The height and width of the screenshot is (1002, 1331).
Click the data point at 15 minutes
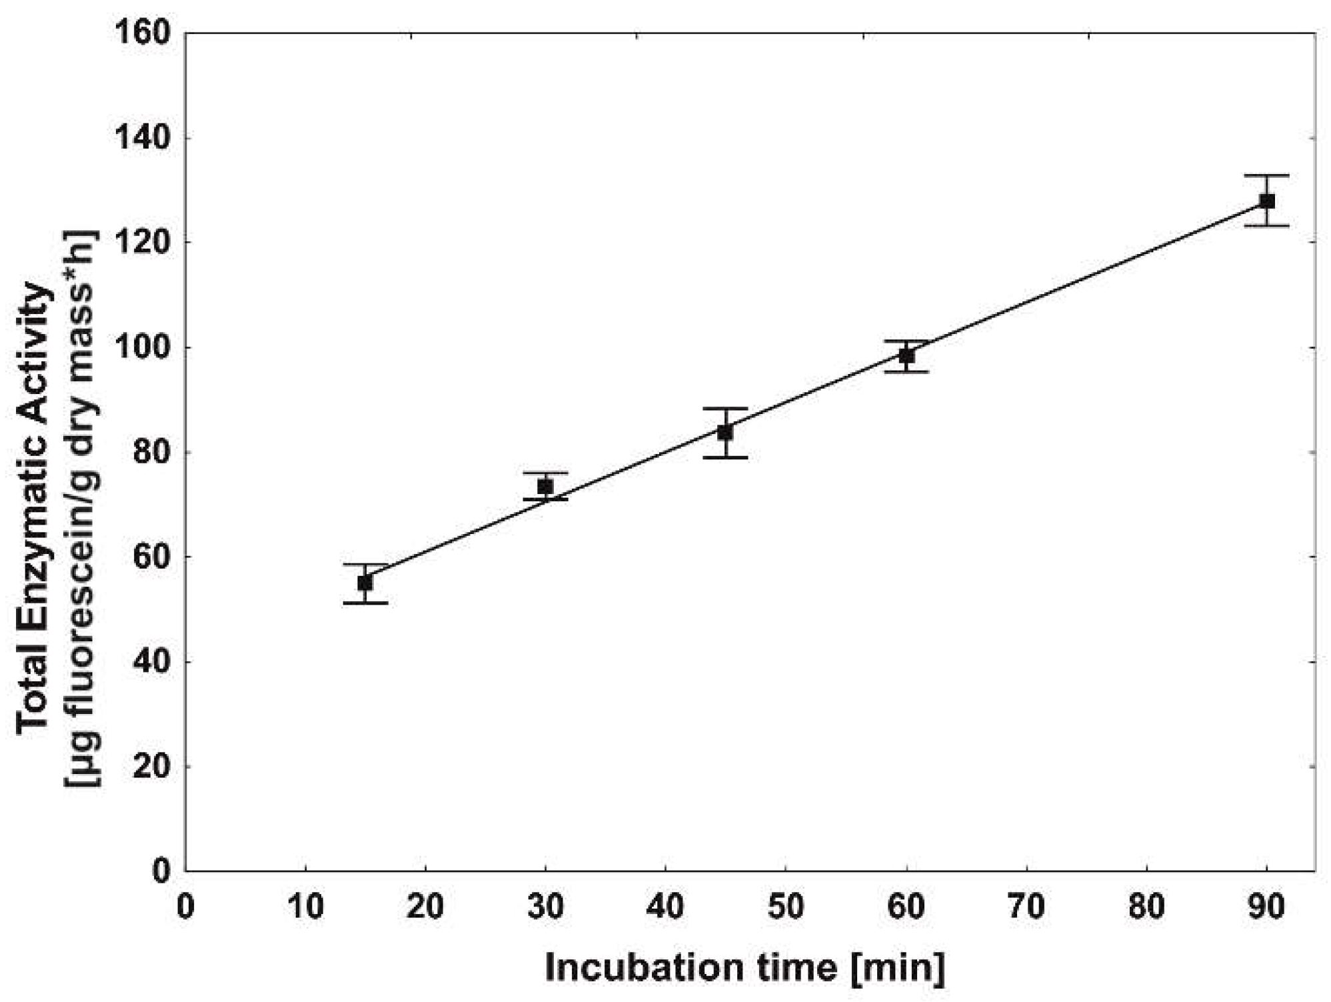pos(365,583)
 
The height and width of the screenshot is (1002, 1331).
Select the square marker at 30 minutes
pos(545,487)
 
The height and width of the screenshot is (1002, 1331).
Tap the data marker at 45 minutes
pos(725,433)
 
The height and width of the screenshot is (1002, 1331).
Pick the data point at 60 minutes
pos(906,356)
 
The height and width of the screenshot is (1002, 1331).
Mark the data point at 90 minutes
pos(1267,201)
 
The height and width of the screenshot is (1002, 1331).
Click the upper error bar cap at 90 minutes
pos(1267,175)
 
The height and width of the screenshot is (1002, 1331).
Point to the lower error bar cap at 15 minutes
pos(365,603)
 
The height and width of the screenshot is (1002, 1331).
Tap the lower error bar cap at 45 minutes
pos(725,457)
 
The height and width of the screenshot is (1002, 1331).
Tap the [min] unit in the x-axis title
pos(898,967)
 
